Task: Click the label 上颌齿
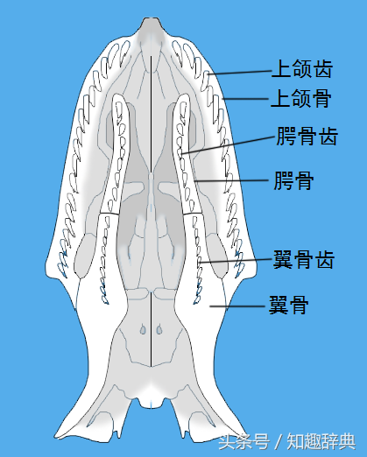tap(302, 68)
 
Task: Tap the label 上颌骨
tap(301, 98)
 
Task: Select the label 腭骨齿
tap(307, 136)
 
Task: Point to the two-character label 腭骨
tap(293, 180)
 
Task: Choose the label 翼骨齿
tap(303, 259)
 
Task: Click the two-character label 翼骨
tap(288, 305)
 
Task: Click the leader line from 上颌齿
tap(240, 73)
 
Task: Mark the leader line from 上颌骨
tap(245, 99)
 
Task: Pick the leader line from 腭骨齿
tap(229, 144)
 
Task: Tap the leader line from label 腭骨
tap(231, 180)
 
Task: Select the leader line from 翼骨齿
tap(236, 261)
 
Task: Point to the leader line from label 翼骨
tap(236, 306)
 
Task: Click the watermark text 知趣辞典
tap(321, 441)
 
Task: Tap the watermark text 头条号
tap(243, 441)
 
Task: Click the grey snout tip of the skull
tap(152, 25)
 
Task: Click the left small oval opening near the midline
tap(143, 329)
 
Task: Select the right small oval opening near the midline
tap(159, 329)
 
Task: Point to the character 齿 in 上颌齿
tap(323, 68)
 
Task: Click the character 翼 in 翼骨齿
tap(283, 259)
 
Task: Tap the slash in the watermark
tap(279, 441)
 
